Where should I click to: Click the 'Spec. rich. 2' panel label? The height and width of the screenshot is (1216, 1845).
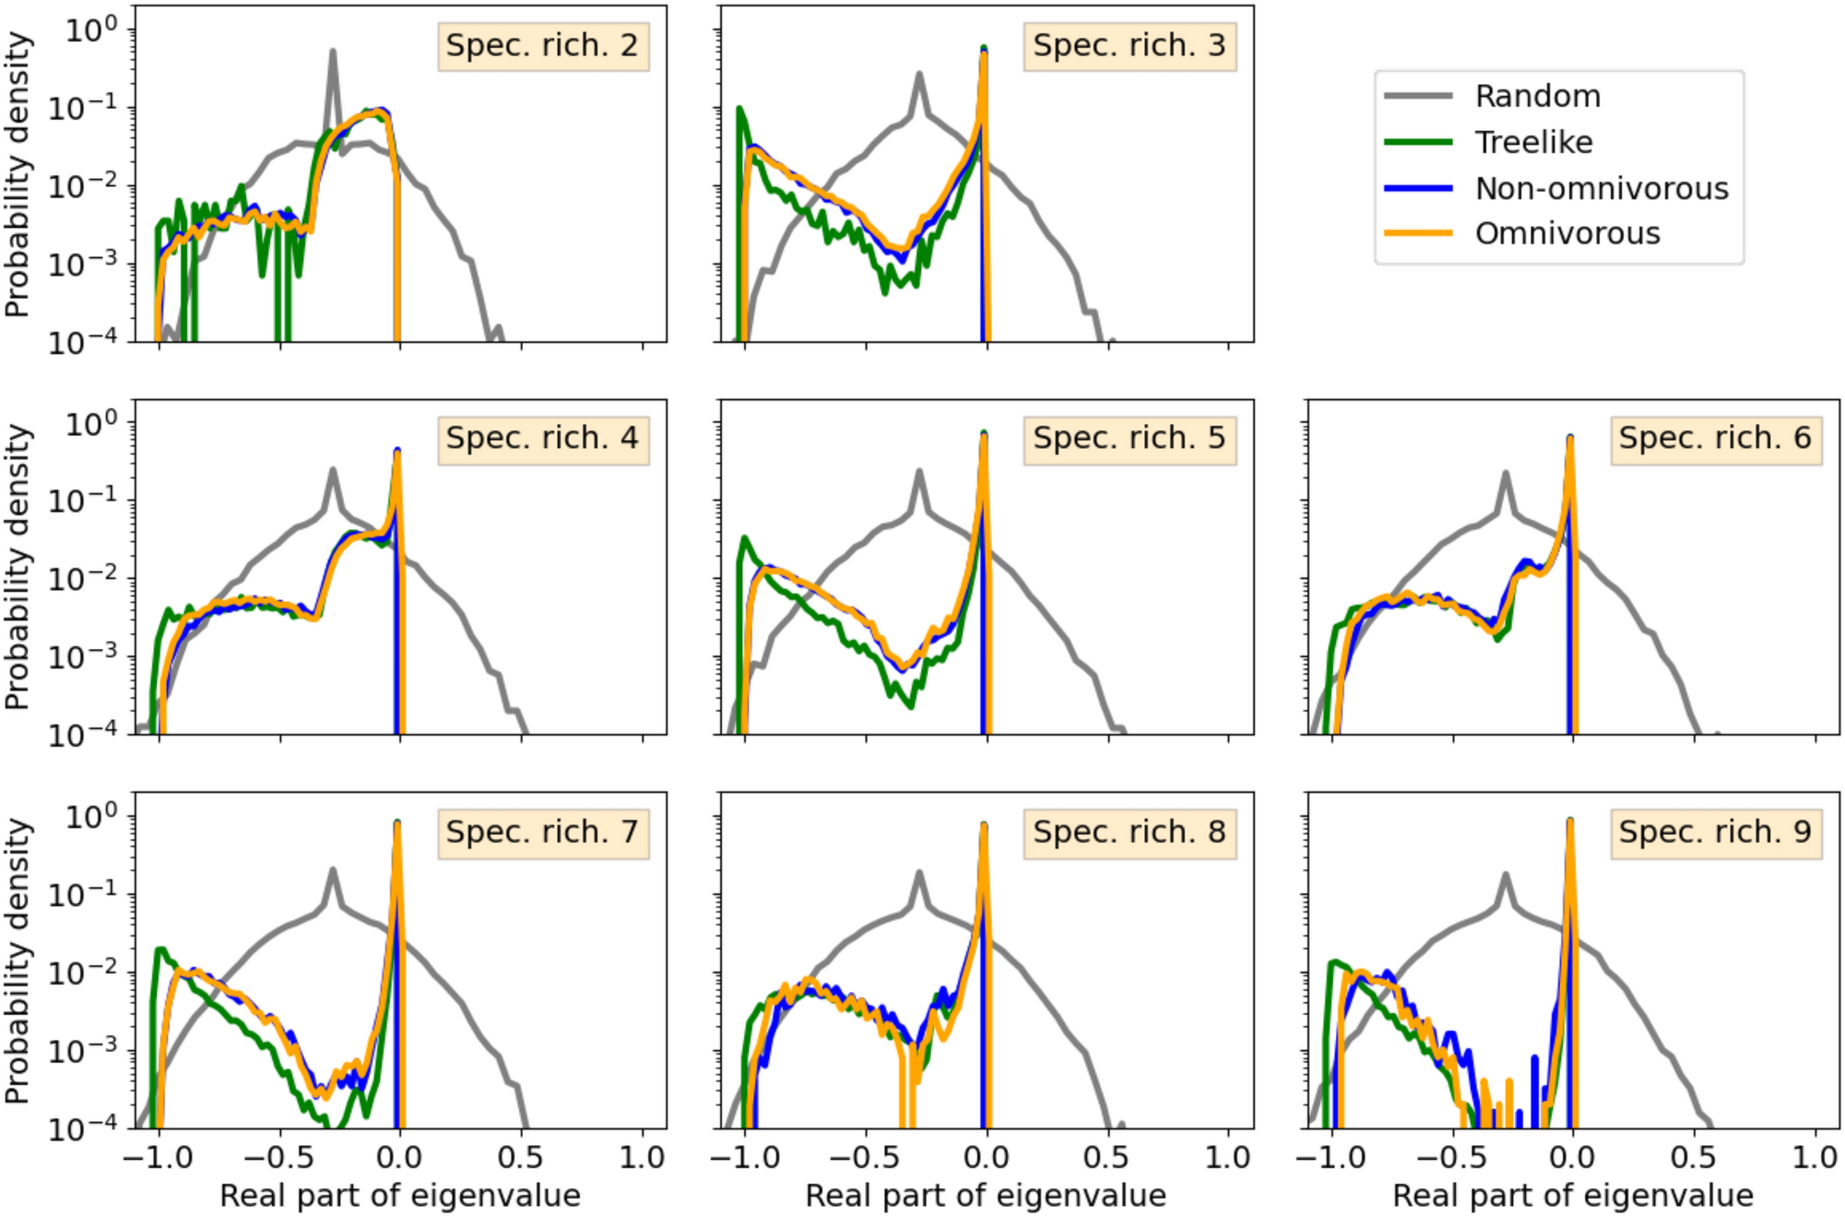click(542, 46)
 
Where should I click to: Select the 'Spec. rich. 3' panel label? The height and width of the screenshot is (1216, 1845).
click(1129, 46)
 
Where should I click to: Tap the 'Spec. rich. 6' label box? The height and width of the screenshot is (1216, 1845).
click(1715, 439)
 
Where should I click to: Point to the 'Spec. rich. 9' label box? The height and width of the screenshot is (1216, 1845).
click(1715, 832)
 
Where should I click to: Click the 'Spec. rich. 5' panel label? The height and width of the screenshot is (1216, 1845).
click(1129, 439)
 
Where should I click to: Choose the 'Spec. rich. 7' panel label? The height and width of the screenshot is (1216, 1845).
click(542, 832)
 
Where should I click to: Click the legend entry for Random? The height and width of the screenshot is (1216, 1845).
click(1537, 97)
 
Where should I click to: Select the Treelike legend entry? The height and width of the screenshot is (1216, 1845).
click(1533, 143)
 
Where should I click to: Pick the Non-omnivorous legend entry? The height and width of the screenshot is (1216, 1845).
click(1601, 189)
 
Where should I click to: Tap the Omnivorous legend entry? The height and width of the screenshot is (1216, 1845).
click(1567, 234)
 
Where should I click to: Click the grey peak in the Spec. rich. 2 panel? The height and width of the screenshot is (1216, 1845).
click(333, 53)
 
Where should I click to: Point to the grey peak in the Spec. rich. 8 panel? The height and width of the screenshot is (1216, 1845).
click(919, 874)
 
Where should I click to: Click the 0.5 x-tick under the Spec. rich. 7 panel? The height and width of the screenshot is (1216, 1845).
click(521, 1158)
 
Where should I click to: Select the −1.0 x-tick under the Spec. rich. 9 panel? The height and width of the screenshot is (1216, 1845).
click(1331, 1158)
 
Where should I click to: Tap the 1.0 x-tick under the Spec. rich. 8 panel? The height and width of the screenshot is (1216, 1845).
click(1228, 1158)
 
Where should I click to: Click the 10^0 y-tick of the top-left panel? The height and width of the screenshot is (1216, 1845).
click(92, 30)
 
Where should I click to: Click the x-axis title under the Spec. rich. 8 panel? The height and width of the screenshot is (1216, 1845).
click(986, 1197)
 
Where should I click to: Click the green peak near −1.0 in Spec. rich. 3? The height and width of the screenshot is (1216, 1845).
click(739, 111)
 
